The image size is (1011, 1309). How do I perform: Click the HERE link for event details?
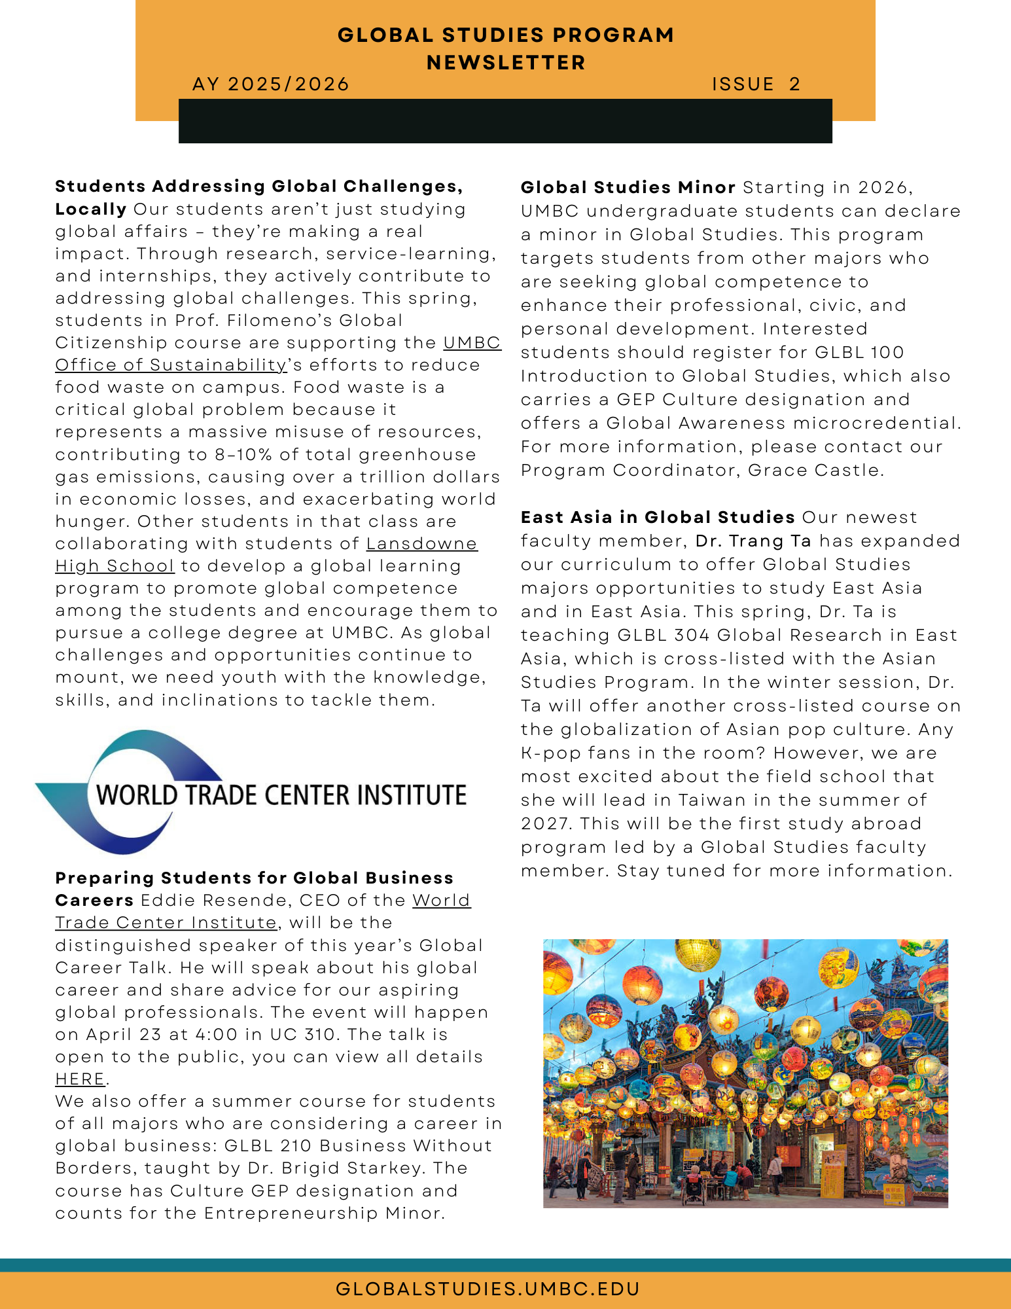tap(80, 1079)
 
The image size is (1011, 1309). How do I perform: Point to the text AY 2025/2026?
tap(271, 84)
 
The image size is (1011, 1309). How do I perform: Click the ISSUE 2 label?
tap(756, 84)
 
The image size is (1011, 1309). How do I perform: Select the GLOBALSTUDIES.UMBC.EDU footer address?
tap(488, 1289)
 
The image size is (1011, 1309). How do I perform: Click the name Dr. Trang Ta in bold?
tap(753, 541)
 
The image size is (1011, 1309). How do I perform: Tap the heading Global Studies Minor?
tap(628, 188)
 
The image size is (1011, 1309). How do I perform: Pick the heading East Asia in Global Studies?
tap(658, 517)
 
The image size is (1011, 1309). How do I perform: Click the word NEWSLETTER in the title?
tap(506, 63)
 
